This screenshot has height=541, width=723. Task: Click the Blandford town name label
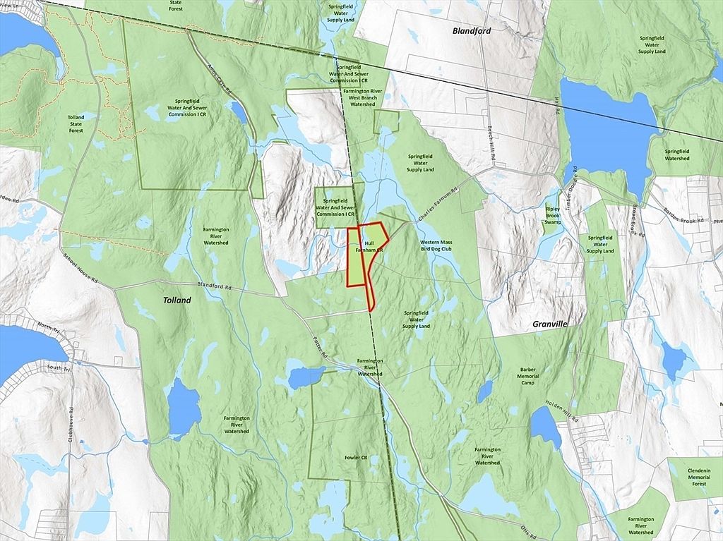click(x=472, y=31)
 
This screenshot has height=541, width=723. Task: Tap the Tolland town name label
click(x=177, y=300)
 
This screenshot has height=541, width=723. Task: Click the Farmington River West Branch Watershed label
click(x=362, y=97)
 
